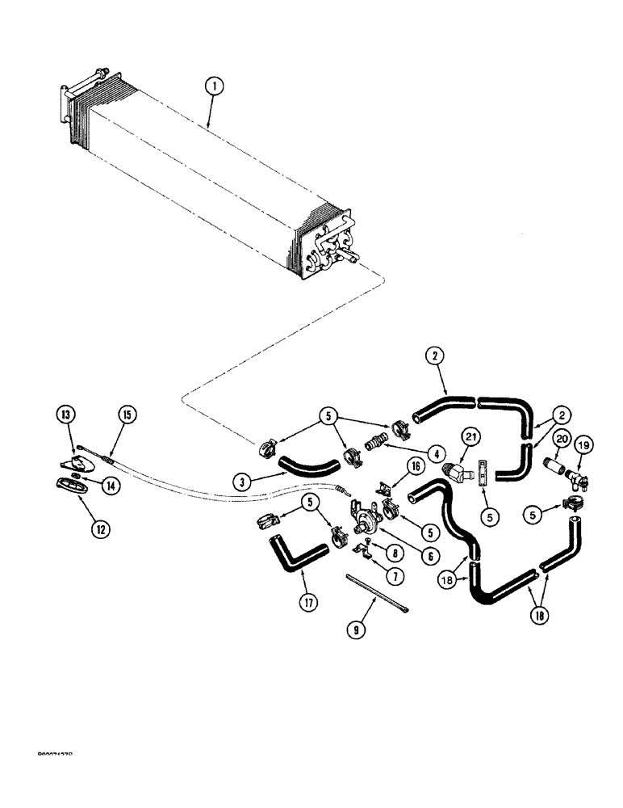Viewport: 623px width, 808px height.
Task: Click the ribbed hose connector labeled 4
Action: click(376, 445)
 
